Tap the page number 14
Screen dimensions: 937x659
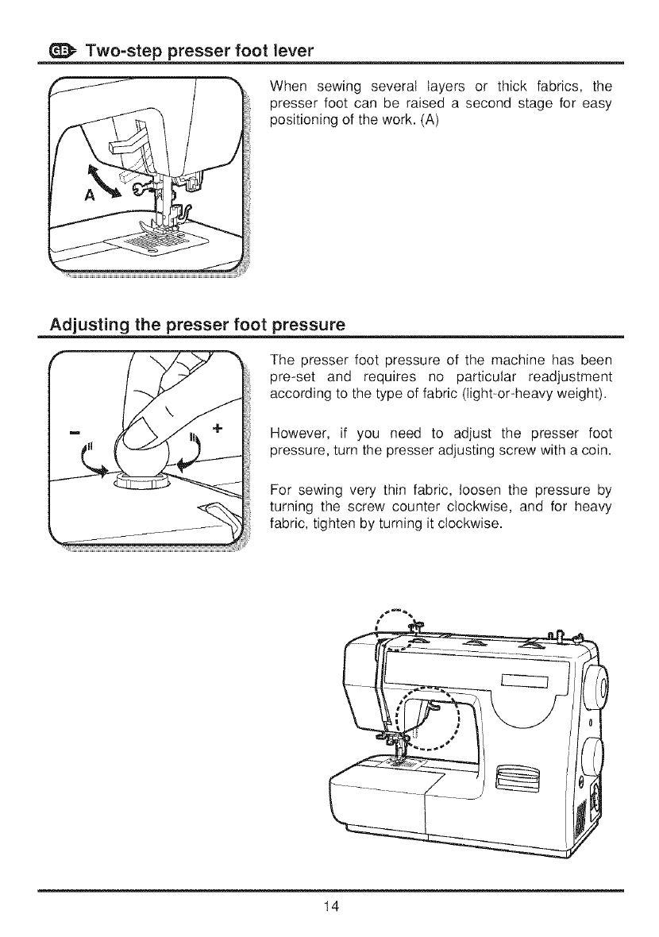329,908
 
